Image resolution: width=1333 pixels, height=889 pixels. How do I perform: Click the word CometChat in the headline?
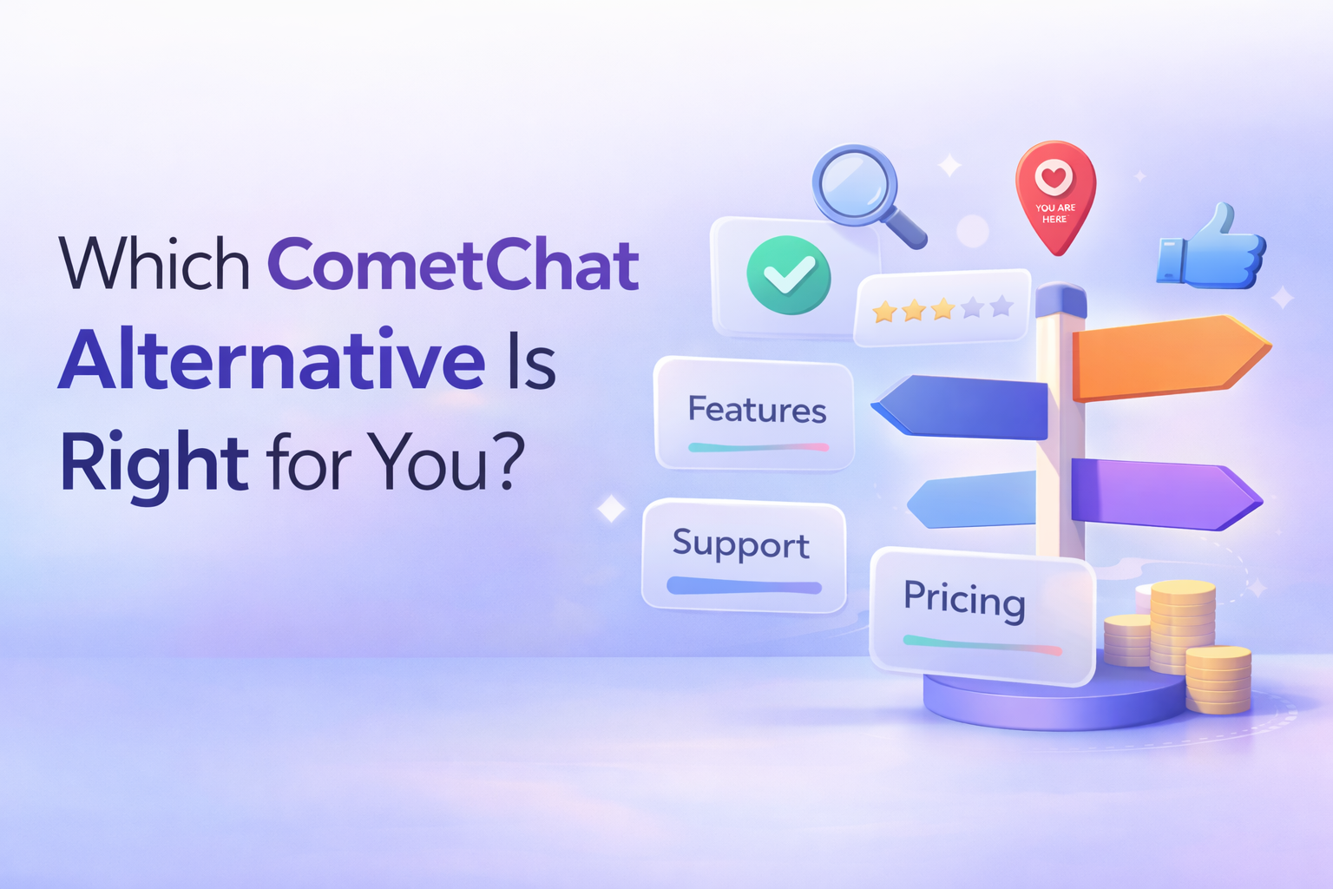(453, 265)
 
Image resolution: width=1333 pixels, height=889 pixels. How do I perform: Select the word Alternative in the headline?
(272, 360)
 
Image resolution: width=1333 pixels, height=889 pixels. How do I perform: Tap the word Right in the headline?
(154, 462)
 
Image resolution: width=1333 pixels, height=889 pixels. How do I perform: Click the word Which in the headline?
(154, 265)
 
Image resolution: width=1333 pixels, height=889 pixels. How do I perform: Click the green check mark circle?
(788, 275)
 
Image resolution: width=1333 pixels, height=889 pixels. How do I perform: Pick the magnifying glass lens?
(854, 185)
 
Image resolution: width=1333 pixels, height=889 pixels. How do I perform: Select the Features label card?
(755, 413)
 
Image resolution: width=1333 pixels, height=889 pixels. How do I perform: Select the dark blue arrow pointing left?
(963, 406)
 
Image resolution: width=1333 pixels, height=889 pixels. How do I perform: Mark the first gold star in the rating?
(884, 311)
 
